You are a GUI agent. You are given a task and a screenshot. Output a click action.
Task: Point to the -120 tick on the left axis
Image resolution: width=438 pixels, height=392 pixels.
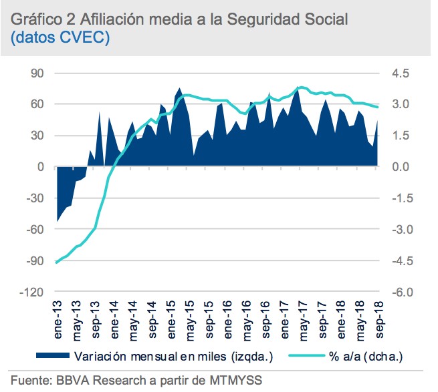[33, 292]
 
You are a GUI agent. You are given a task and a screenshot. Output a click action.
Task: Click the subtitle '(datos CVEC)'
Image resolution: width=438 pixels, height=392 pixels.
[60, 39]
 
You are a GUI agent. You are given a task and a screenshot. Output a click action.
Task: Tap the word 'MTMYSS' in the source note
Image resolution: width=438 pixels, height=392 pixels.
[231, 381]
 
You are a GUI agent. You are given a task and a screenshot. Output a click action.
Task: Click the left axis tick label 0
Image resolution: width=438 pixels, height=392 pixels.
[40, 167]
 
